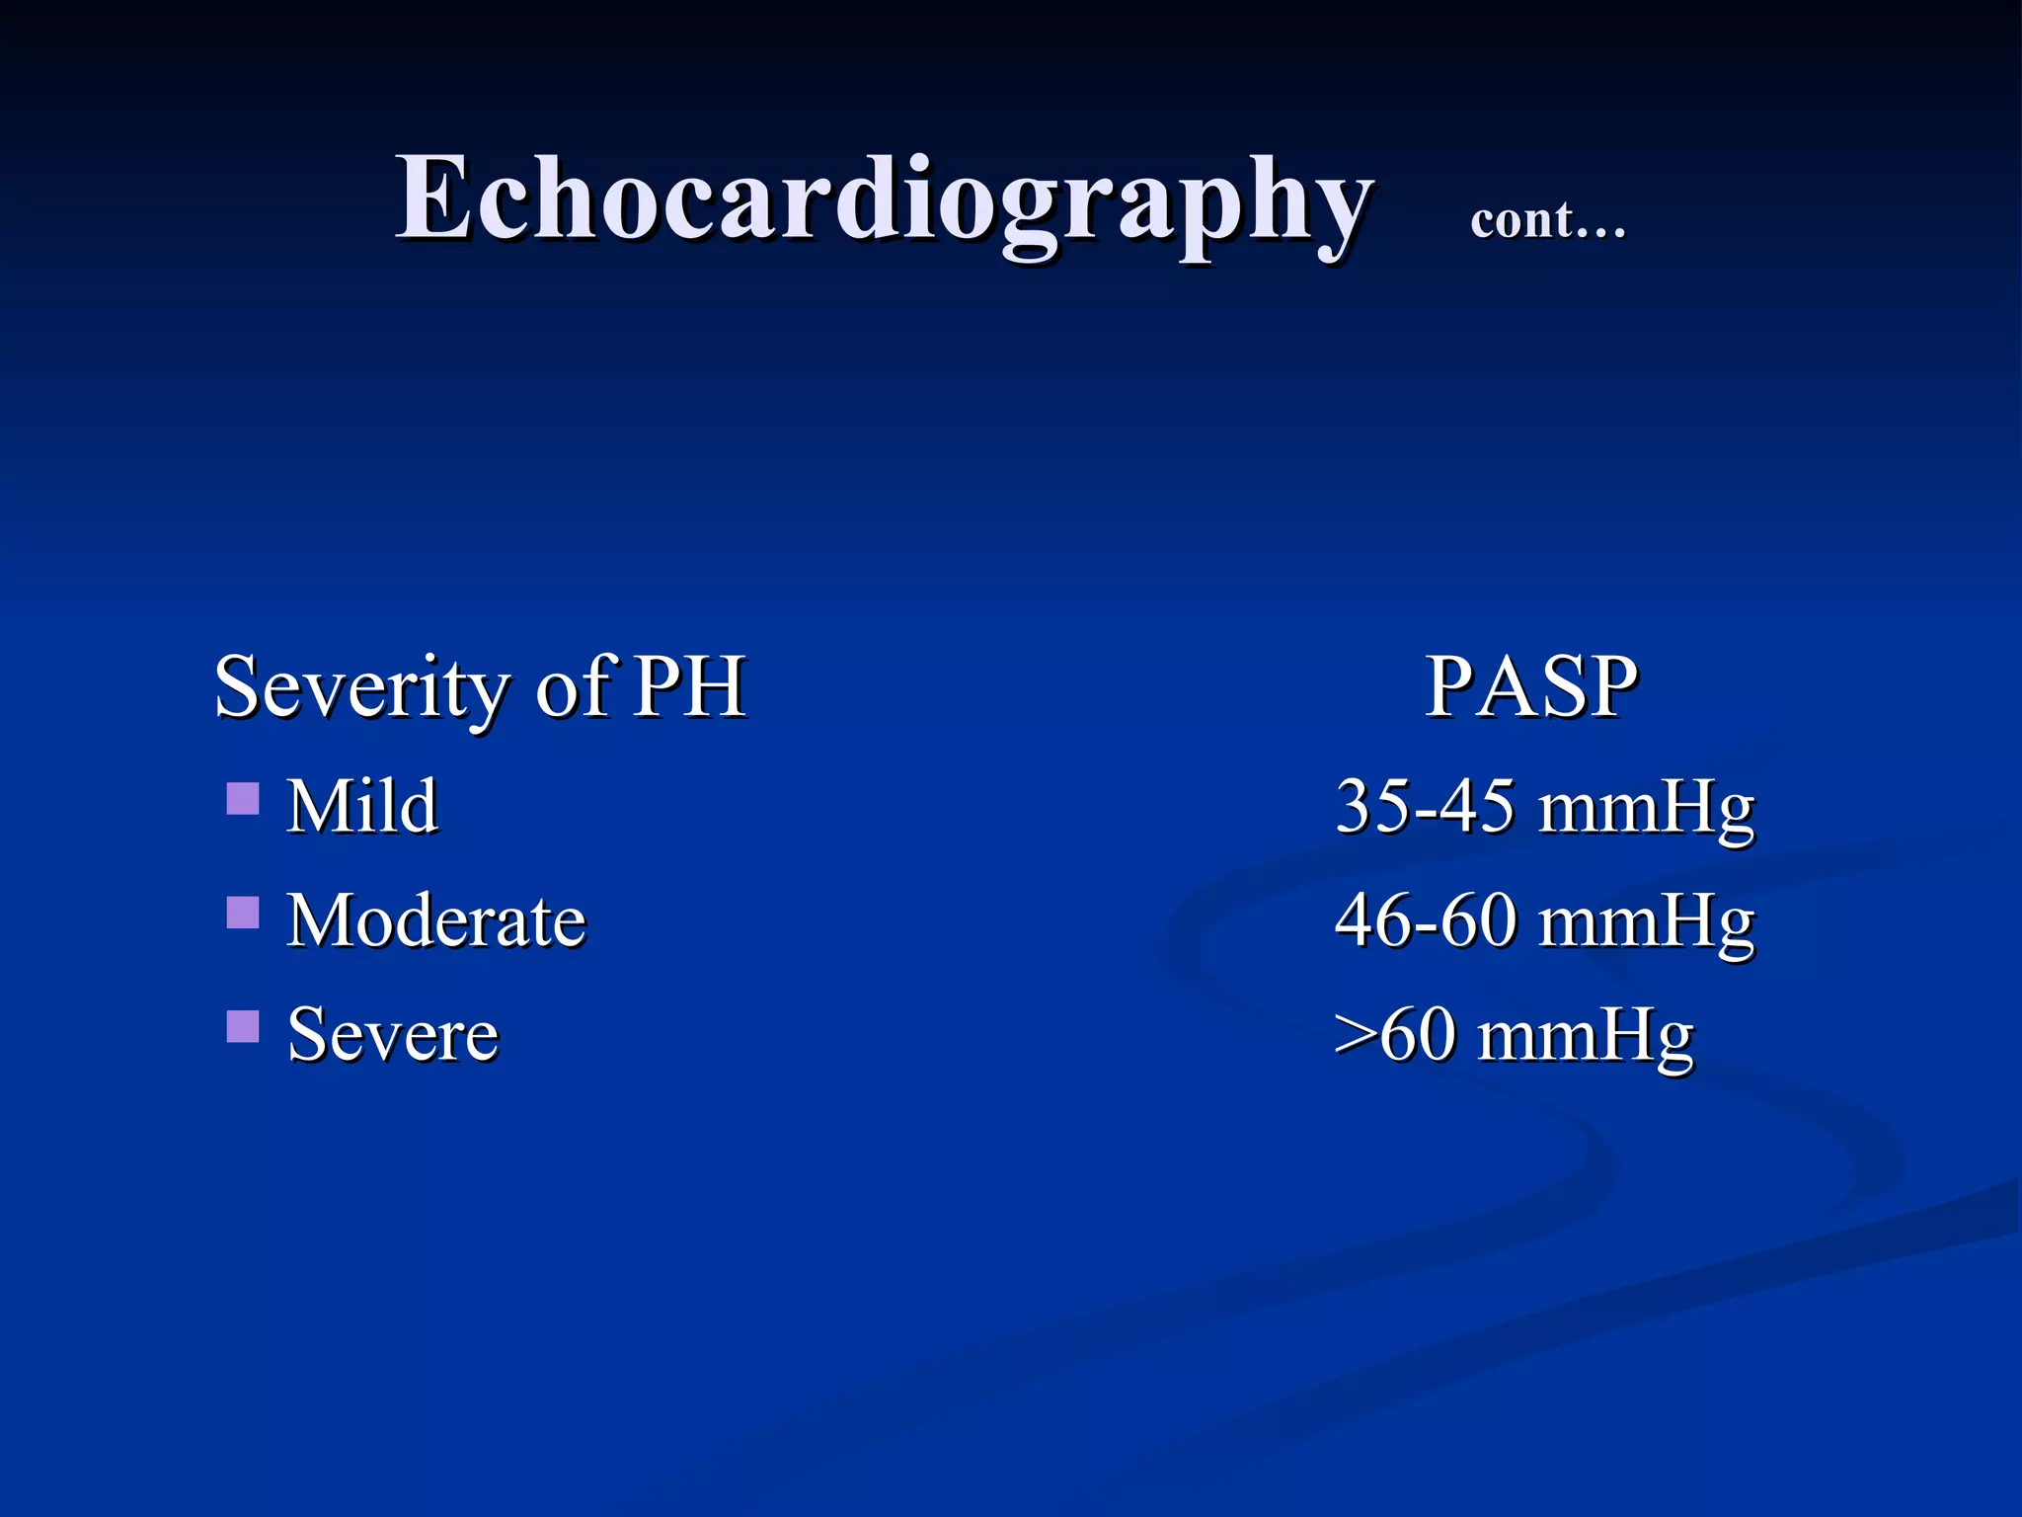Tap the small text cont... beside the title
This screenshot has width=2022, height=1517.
(1547, 219)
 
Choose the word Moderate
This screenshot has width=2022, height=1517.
(436, 920)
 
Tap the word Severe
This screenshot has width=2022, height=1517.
(393, 1034)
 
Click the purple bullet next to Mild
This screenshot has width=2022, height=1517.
(243, 798)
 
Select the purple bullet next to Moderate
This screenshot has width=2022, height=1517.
(243, 913)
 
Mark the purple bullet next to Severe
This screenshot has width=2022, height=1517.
(243, 1026)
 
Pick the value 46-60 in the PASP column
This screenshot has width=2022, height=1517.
(1425, 920)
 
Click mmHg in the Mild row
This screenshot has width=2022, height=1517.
(1646, 810)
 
